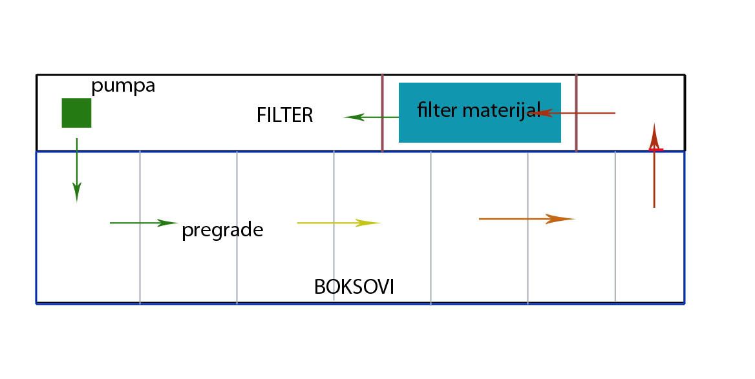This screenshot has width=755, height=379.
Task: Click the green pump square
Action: (x=76, y=113)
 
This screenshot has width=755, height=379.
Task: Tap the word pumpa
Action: (x=123, y=87)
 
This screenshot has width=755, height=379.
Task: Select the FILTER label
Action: (x=284, y=115)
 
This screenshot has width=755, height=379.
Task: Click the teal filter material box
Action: (x=480, y=112)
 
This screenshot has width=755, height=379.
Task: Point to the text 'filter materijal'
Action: (x=479, y=110)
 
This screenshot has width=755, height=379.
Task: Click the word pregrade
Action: (x=222, y=230)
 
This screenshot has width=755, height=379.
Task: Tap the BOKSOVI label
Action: (x=354, y=287)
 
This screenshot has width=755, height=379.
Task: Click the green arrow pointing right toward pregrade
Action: (x=144, y=223)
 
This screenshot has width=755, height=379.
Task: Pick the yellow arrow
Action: (x=339, y=223)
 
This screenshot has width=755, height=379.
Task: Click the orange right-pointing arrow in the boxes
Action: (x=526, y=219)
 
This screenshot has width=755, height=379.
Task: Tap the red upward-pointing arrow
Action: (x=654, y=166)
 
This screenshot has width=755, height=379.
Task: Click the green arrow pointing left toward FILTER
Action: (x=371, y=117)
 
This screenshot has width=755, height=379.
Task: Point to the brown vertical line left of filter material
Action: (x=382, y=113)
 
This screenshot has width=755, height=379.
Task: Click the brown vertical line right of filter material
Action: (x=577, y=113)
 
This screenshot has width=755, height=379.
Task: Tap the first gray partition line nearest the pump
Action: (x=140, y=227)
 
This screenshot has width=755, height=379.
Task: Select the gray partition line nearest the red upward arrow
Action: (x=615, y=227)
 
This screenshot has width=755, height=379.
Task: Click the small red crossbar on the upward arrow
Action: (x=656, y=150)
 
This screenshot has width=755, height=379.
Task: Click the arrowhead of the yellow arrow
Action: (x=368, y=223)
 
